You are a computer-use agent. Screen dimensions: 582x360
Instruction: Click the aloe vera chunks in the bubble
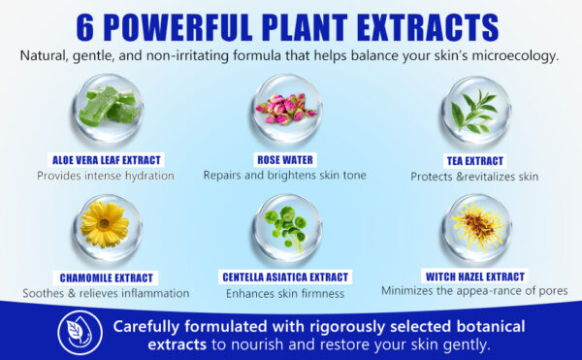pyautogui.click(x=111, y=106)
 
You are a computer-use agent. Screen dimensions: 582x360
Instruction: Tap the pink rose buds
pyautogui.click(x=286, y=109)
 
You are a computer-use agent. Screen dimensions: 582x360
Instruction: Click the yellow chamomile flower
pyautogui.click(x=105, y=224)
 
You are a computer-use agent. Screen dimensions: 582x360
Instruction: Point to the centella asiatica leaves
pyautogui.click(x=286, y=227)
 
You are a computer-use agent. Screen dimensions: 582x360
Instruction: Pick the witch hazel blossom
pyautogui.click(x=477, y=225)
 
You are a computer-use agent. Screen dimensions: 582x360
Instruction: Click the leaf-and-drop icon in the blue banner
pyautogui.click(x=80, y=333)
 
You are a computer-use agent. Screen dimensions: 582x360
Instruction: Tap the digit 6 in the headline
pyautogui.click(x=85, y=28)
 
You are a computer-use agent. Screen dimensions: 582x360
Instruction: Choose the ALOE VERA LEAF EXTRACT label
pyautogui.click(x=106, y=160)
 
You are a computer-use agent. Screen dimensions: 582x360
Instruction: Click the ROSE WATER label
pyautogui.click(x=285, y=160)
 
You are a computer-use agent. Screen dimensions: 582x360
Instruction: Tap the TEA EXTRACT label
pyautogui.click(x=475, y=161)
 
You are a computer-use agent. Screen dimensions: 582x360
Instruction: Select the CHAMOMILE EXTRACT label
pyautogui.click(x=106, y=278)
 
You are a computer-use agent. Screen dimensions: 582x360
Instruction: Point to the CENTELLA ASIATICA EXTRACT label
pyautogui.click(x=285, y=278)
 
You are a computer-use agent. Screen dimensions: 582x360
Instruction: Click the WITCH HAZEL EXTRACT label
pyautogui.click(x=475, y=277)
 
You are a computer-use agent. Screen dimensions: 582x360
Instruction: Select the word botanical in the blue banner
pyautogui.click(x=491, y=327)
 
